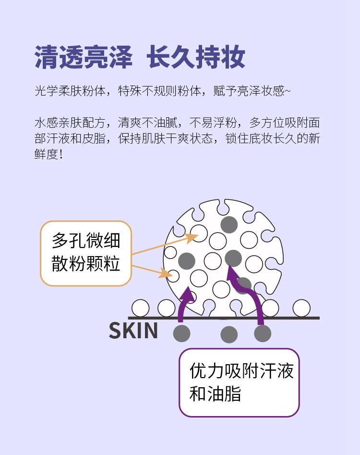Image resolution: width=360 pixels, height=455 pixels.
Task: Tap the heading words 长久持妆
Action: point(196,58)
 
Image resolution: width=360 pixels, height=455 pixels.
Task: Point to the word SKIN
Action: point(133,331)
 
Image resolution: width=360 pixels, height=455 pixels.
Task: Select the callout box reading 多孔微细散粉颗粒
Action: point(86,253)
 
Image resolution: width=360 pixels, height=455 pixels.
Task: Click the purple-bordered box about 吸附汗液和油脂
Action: point(239,382)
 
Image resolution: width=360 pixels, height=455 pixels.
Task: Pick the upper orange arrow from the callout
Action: point(166,245)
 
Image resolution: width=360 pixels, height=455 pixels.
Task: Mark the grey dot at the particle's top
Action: point(229,224)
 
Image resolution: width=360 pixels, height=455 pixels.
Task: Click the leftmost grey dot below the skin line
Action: point(181,333)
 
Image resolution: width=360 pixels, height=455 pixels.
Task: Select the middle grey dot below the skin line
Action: point(229,334)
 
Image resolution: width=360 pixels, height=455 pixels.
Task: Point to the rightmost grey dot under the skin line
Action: point(263,333)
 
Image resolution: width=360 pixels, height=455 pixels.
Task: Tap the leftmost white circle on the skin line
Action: point(141,308)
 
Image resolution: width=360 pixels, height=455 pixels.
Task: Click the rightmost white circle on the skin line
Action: point(301,308)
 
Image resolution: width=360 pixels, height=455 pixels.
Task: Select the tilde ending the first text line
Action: point(288,91)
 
